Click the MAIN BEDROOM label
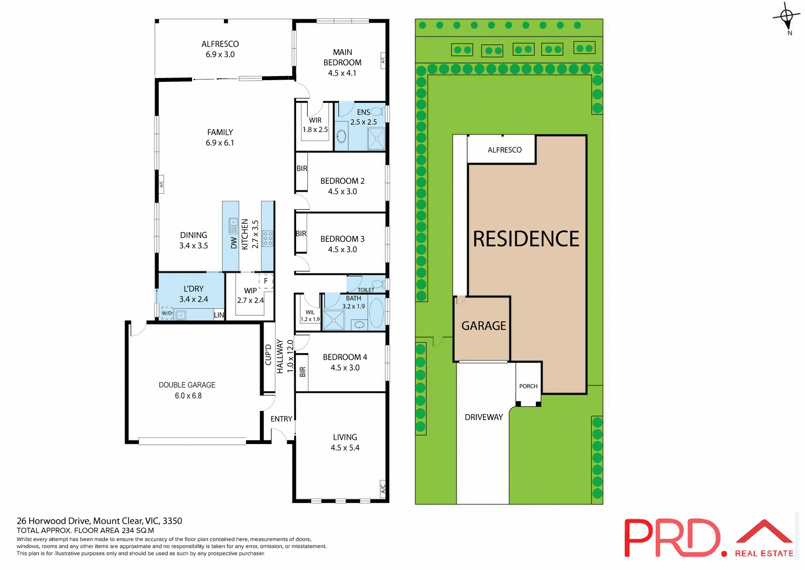click(x=342, y=58)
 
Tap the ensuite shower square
click(x=376, y=139)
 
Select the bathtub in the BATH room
click(x=377, y=313)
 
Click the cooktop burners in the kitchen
click(x=267, y=238)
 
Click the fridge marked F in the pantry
click(x=266, y=281)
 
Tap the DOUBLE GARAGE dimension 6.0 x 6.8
click(x=188, y=396)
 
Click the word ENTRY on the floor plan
click(x=281, y=419)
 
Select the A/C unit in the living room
click(x=382, y=489)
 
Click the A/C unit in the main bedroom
click(x=382, y=60)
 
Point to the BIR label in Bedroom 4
click(x=302, y=372)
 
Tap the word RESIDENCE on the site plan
click(x=526, y=239)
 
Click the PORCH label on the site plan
click(x=528, y=386)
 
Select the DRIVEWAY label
click(x=483, y=417)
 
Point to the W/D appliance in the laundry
click(x=167, y=313)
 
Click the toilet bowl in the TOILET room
click(x=377, y=284)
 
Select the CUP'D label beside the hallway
click(x=268, y=355)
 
